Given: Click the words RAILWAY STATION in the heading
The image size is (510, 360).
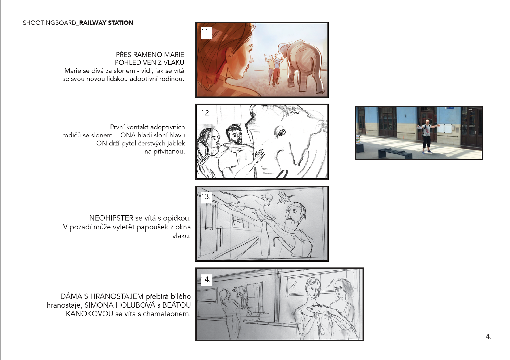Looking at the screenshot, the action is pos(106,23).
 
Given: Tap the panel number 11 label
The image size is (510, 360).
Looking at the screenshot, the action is pos(206,32).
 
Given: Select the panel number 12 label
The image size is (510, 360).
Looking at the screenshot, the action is pos(206,113).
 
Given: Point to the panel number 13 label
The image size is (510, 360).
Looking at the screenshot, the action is pos(206,196).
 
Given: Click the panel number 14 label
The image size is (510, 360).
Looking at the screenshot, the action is pos(206,279).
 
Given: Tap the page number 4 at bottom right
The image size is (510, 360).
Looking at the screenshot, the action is pos(488,337).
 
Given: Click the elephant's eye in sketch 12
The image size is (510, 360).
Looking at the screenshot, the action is pos(282,132).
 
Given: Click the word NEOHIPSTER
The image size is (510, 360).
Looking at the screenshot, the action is pos(111,218).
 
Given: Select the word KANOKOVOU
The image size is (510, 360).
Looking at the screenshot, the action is pos(90,314).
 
